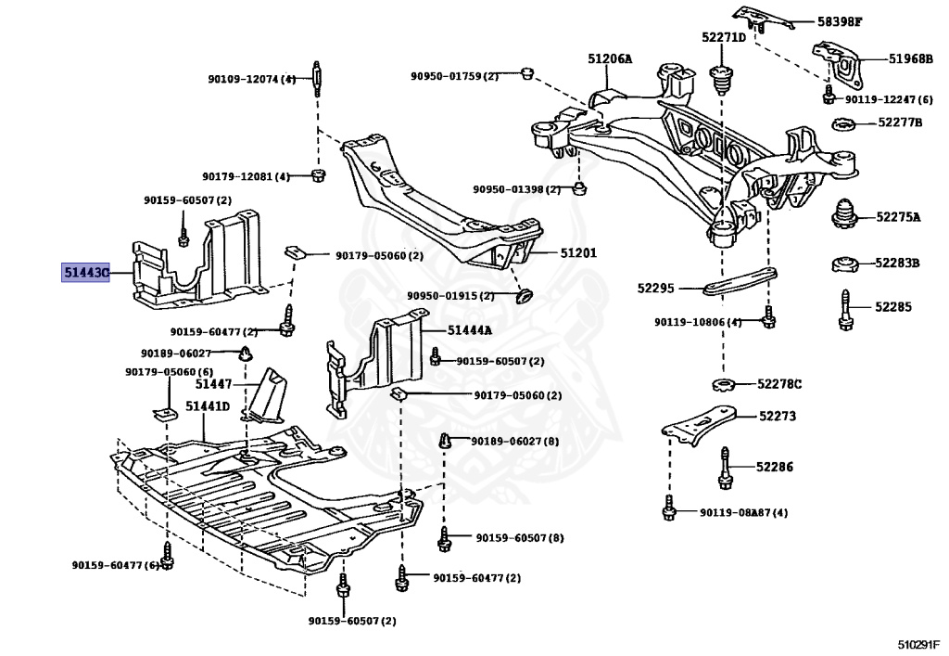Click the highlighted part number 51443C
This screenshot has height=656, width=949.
tap(86, 273)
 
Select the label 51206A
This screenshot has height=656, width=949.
tap(610, 58)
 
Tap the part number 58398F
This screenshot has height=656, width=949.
tap(840, 22)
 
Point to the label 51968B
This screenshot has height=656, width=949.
tap(911, 58)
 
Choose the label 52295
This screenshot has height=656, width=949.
tap(655, 289)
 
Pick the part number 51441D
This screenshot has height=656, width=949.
tap(208, 405)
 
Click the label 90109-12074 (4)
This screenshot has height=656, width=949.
tap(252, 79)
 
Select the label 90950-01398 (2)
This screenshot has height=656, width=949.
tap(517, 189)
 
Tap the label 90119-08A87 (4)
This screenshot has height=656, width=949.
tap(744, 512)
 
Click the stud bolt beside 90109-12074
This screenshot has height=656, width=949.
tap(317, 79)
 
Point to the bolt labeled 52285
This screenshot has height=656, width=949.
tap(846, 310)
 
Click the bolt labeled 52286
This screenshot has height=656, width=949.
tap(726, 468)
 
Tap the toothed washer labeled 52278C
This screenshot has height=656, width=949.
tap(723, 384)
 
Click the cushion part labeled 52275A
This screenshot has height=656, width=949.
tap(845, 213)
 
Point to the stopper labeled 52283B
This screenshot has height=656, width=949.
tap(844, 264)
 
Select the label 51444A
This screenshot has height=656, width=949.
tap(470, 330)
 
